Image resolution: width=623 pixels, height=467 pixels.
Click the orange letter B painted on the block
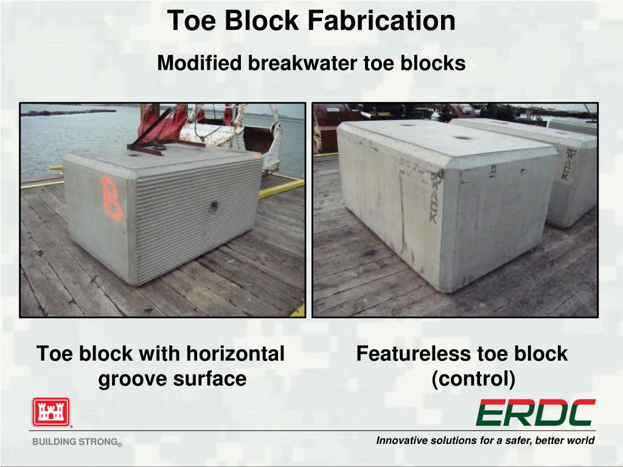coord(112,198)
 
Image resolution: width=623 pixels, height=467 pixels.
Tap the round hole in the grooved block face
coord(214,207)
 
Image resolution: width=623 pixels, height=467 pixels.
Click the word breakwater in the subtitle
coord(302,63)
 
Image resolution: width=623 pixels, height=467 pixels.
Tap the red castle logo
coord(51,413)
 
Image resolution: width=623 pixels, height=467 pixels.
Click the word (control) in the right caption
coord(473,379)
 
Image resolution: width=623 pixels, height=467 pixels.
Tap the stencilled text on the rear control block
coord(565,164)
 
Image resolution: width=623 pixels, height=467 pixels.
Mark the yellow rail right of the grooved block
coord(280,188)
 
